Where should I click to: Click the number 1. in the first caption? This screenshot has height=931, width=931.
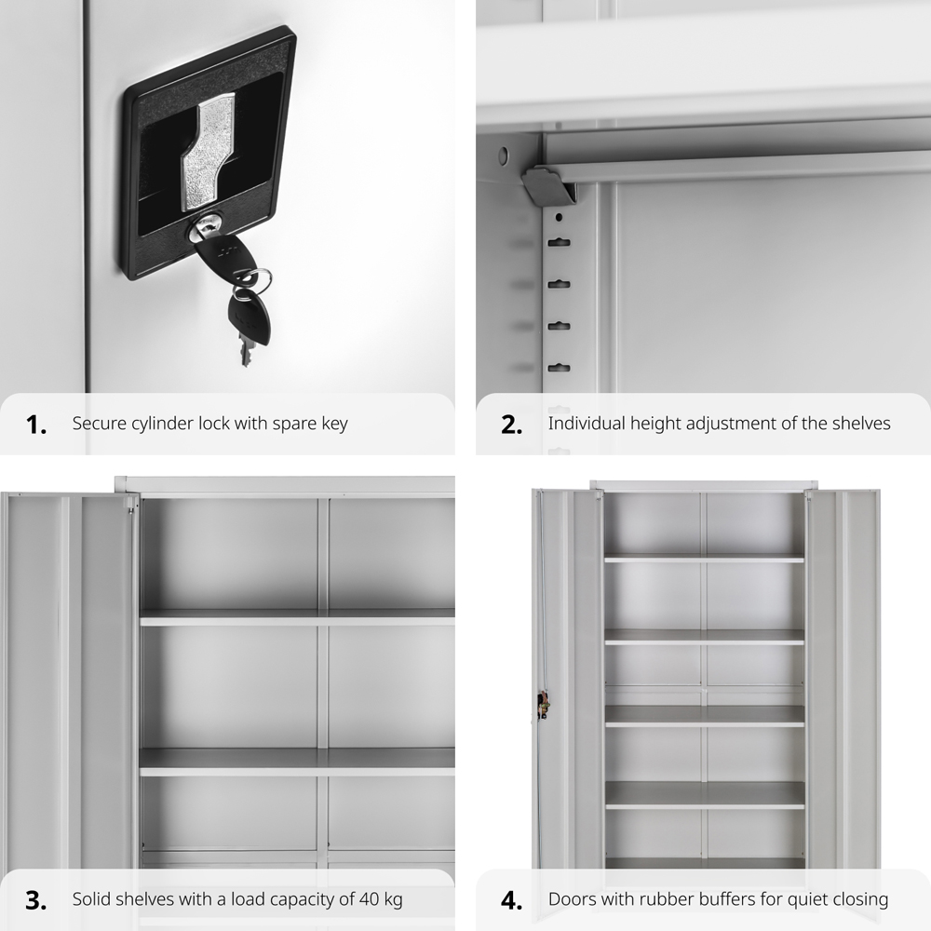[36, 425]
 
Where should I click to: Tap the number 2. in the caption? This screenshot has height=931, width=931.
[512, 425]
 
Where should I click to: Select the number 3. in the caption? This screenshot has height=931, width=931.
[36, 900]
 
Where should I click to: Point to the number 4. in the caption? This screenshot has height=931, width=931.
[512, 900]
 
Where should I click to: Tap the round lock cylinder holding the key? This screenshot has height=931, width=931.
[202, 229]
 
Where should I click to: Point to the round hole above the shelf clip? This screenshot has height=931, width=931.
[504, 156]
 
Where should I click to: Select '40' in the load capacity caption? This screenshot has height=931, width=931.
[370, 899]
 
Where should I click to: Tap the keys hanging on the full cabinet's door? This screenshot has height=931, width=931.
[543, 706]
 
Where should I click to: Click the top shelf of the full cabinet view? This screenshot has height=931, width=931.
[704, 558]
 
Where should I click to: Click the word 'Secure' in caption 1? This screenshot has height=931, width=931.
[95, 424]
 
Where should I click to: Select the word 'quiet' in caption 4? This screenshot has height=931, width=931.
[808, 900]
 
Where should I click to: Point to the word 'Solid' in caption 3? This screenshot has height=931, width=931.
[91, 899]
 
